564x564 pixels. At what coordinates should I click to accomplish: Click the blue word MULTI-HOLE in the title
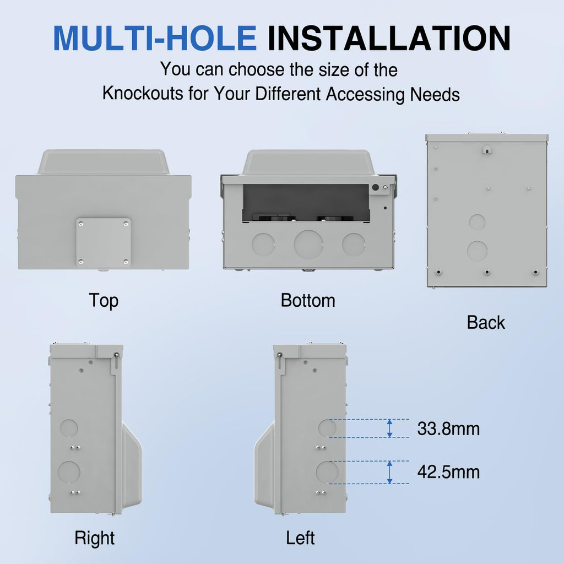click(x=155, y=38)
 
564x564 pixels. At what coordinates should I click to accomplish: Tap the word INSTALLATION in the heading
click(x=389, y=38)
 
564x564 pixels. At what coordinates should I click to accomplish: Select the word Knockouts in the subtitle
click(x=143, y=93)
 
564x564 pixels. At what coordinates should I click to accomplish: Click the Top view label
click(x=104, y=301)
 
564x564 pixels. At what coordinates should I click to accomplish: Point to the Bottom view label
click(x=308, y=300)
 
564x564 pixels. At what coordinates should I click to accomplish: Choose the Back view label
click(x=486, y=322)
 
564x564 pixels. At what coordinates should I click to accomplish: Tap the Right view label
click(x=95, y=539)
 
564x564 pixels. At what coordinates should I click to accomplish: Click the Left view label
click(x=300, y=538)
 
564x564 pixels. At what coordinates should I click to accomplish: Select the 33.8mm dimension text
click(x=448, y=429)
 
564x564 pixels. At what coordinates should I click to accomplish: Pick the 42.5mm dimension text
click(x=448, y=472)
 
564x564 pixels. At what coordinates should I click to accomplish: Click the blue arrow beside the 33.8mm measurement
click(x=389, y=429)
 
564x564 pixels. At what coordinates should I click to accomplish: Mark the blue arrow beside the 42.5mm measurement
click(x=389, y=472)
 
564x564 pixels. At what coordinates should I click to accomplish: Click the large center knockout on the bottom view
click(x=308, y=245)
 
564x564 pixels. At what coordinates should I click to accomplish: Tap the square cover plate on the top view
click(x=103, y=242)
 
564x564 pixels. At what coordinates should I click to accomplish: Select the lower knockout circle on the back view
click(x=478, y=251)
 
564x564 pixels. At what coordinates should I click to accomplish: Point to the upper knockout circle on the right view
click(x=69, y=428)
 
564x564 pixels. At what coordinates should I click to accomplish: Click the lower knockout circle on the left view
click(x=327, y=472)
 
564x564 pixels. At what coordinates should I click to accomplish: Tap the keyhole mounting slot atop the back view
click(x=487, y=149)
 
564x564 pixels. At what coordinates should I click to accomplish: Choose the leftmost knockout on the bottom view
click(x=263, y=245)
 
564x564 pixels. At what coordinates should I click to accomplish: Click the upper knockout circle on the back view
click(x=478, y=222)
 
